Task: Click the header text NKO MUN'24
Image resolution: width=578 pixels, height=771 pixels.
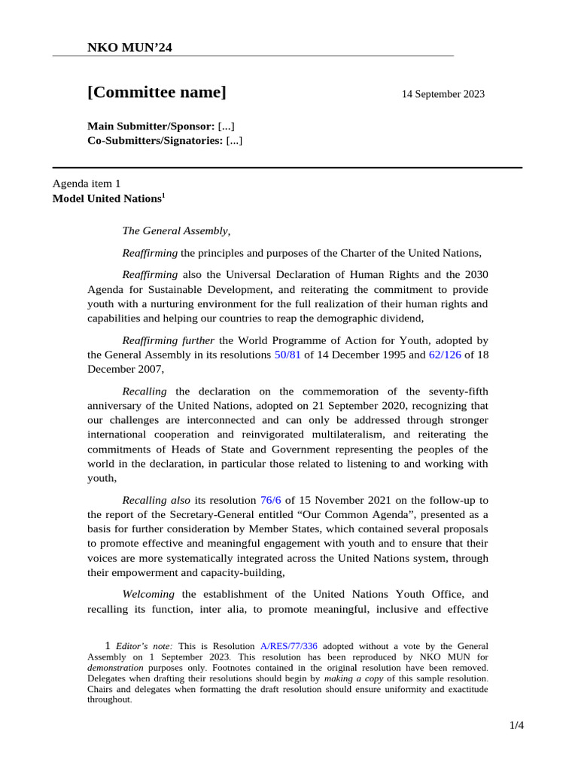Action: click(x=130, y=48)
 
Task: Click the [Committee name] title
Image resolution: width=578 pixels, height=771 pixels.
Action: click(x=157, y=93)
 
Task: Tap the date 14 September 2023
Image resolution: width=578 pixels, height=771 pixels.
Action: click(x=443, y=94)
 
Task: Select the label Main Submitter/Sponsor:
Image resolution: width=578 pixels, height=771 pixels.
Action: click(x=151, y=125)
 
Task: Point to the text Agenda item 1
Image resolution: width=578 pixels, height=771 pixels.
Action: click(x=86, y=183)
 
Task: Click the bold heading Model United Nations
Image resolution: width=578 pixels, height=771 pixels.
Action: click(x=106, y=199)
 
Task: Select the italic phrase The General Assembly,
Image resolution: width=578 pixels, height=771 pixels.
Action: click(x=176, y=231)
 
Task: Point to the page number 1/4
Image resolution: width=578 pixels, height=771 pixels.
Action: click(x=516, y=725)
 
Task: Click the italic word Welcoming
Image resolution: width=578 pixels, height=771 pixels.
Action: click(x=148, y=593)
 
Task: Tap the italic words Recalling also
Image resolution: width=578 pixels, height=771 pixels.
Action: click(x=156, y=499)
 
